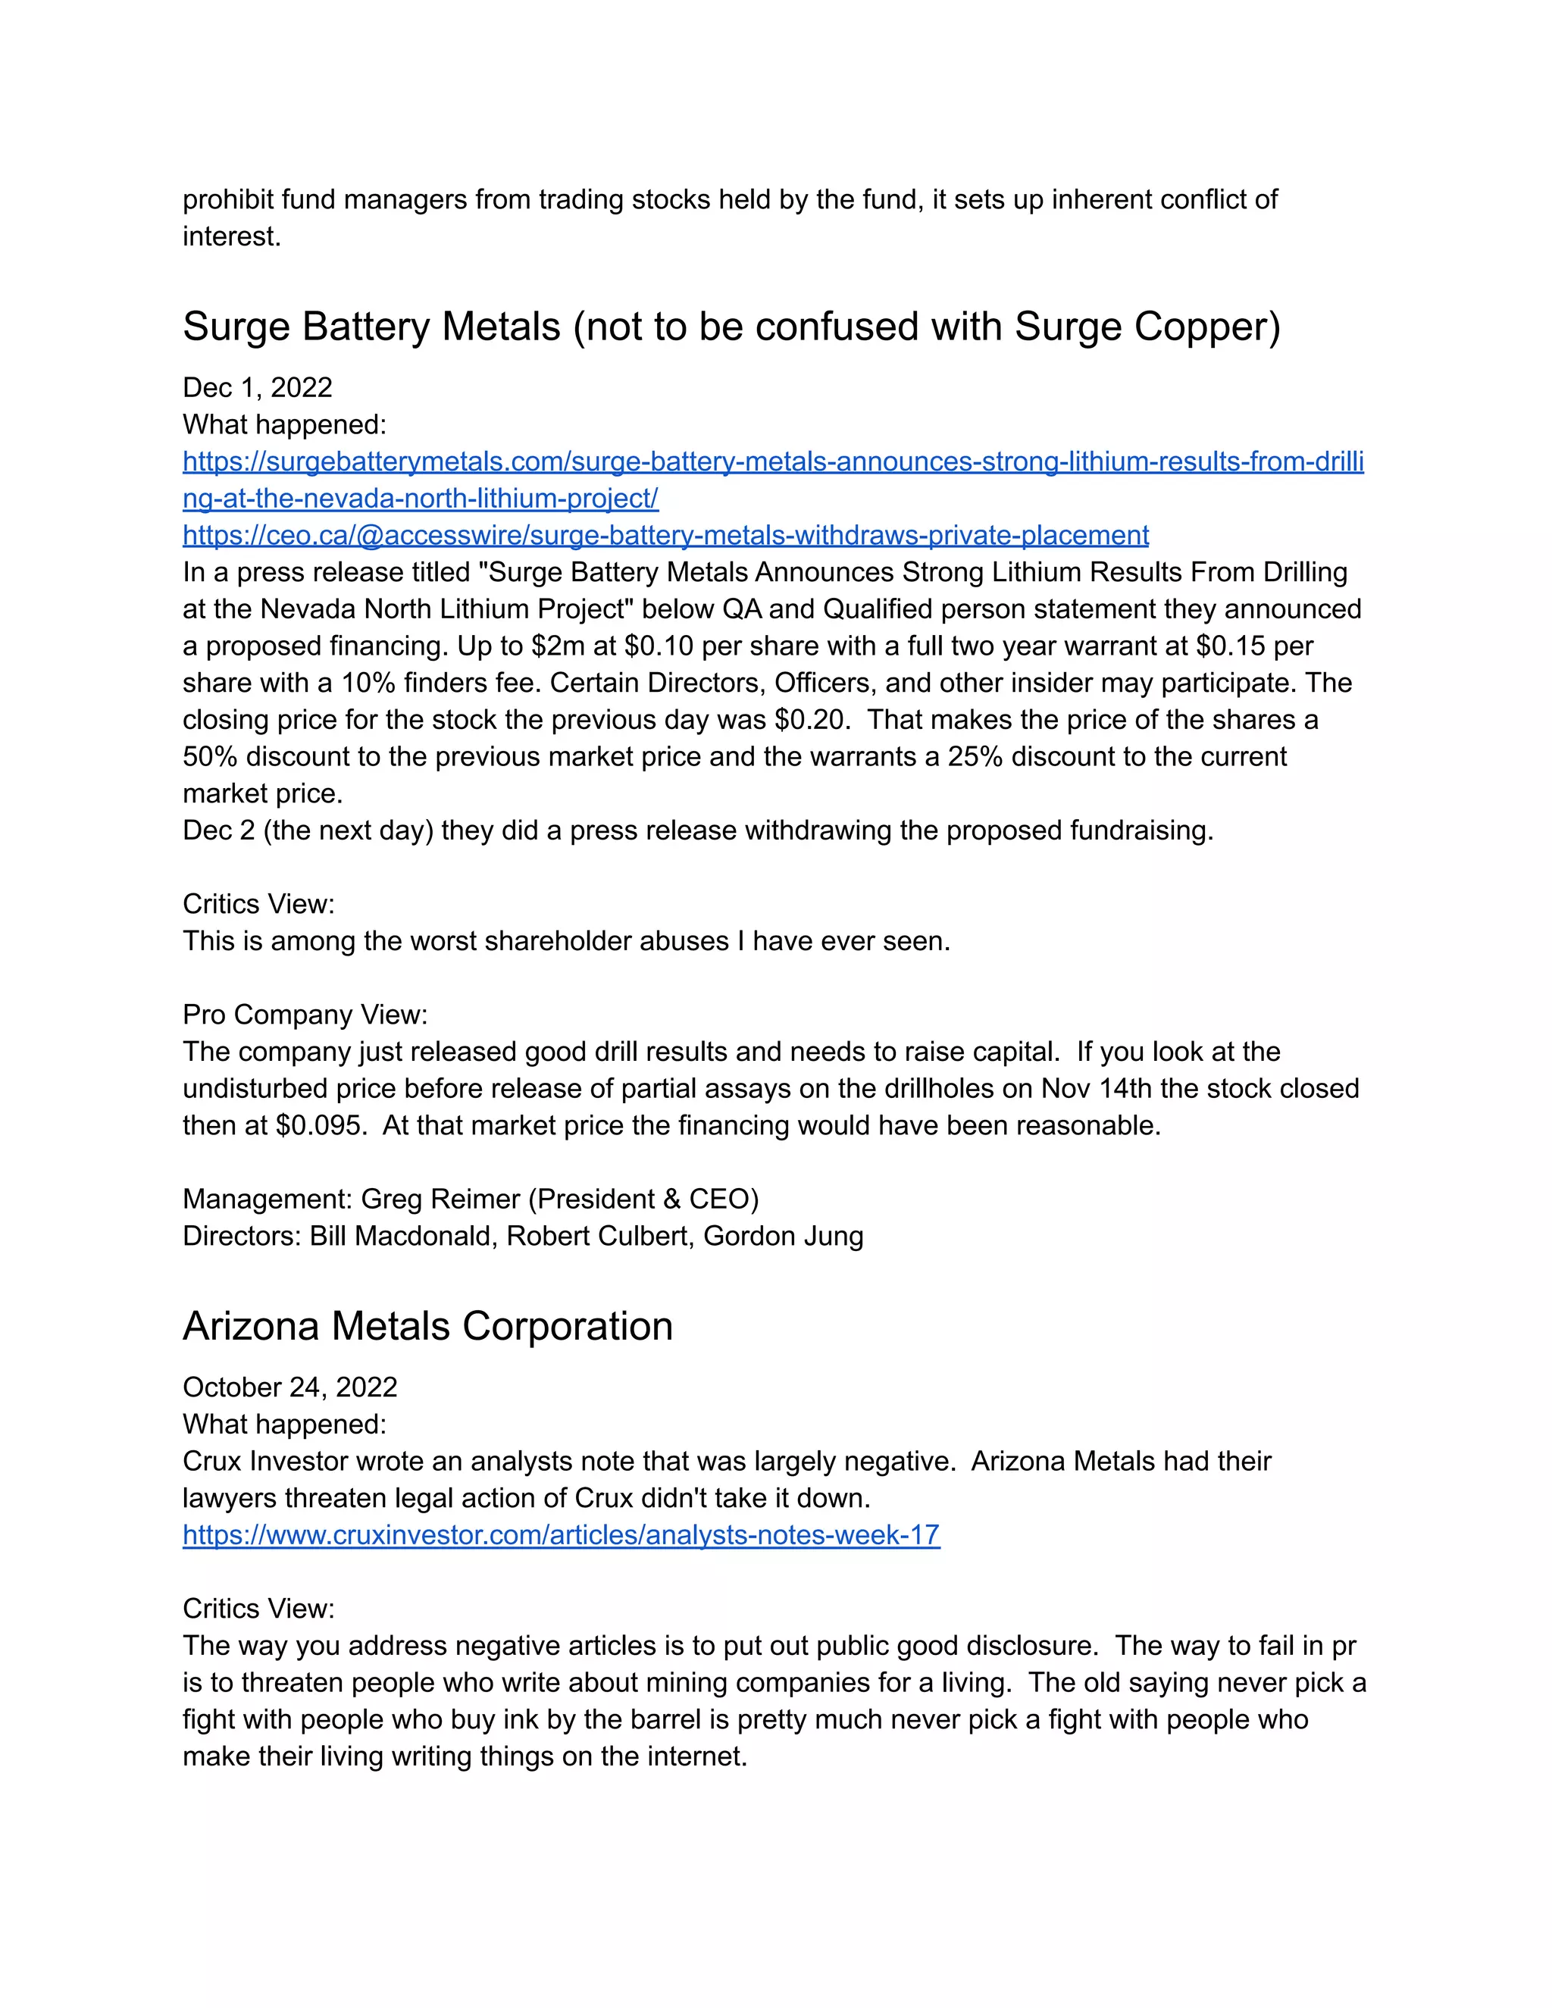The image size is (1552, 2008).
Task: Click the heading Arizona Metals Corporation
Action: coord(427,1327)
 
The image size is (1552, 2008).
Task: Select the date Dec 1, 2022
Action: coord(258,387)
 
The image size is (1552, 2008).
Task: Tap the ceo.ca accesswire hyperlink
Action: coord(665,535)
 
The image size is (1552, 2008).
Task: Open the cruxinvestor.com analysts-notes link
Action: coord(561,1534)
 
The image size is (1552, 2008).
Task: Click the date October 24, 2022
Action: coord(289,1387)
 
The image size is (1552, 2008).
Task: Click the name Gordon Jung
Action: coord(784,1236)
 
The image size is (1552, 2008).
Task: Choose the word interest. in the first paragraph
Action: coord(232,236)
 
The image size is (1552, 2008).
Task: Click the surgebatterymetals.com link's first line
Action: coord(772,461)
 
